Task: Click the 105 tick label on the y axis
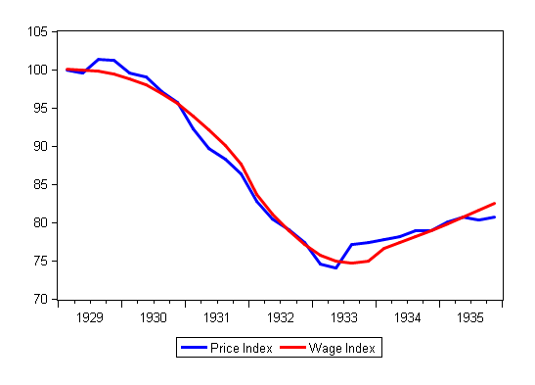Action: [x=38, y=32]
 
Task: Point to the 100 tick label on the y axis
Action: [x=38, y=71]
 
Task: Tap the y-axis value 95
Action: [x=41, y=109]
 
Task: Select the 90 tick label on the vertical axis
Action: [x=41, y=147]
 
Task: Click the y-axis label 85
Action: [x=41, y=185]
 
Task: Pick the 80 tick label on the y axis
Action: [x=41, y=223]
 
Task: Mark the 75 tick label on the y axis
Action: [x=41, y=262]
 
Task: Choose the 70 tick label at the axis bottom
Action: [x=41, y=300]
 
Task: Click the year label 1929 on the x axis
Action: [x=90, y=317]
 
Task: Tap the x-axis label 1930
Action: [x=154, y=317]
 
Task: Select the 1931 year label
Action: [x=217, y=317]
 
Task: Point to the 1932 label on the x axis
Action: [x=281, y=317]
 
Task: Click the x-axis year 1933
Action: [x=344, y=317]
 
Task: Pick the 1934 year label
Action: [x=408, y=317]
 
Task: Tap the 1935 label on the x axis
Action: [x=471, y=317]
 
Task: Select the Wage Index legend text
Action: [x=342, y=348]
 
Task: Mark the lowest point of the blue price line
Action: [x=335, y=267]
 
